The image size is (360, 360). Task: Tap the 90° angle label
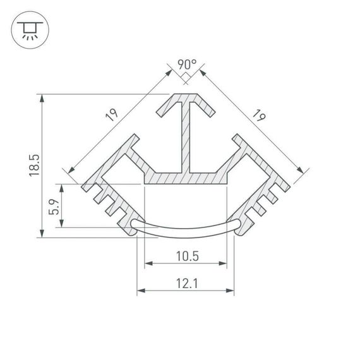[186, 64]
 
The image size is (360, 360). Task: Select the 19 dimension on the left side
[112, 115]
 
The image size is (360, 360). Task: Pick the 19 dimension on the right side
[258, 115]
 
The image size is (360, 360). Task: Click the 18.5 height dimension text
[35, 165]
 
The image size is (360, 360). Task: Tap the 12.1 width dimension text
[186, 284]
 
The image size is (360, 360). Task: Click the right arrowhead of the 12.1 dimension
[230, 291]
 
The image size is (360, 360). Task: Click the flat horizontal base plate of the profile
[186, 179]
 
